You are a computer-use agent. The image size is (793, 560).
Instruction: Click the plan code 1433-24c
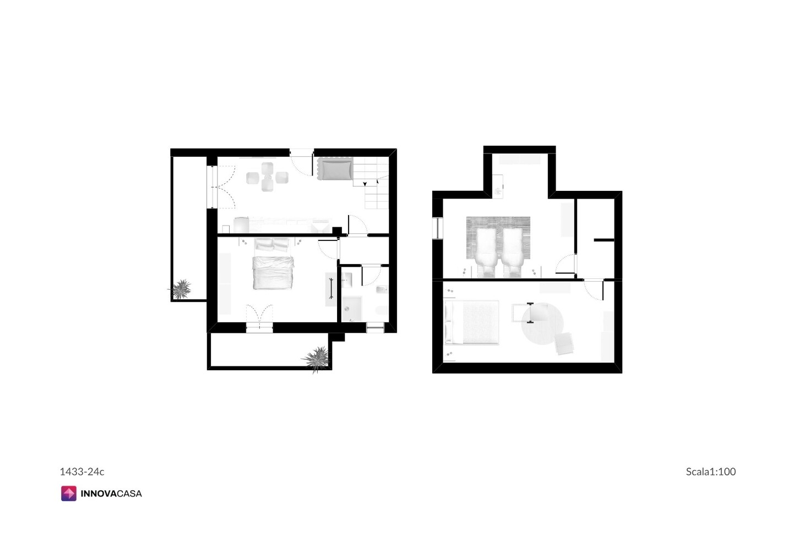82,471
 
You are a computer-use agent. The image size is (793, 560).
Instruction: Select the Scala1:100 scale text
710,471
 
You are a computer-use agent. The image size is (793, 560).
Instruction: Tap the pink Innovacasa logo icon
69,493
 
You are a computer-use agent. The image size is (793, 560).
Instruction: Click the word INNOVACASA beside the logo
111,494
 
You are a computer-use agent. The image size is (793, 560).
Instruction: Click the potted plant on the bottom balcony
316,359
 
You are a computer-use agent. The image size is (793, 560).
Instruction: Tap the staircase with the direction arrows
371,183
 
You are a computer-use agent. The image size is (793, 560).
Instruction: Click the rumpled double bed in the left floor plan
273,273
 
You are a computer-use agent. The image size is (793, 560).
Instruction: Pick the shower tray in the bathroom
351,309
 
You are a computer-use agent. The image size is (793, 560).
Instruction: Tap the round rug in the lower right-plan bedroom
542,323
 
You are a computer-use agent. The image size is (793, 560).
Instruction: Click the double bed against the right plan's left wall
472,322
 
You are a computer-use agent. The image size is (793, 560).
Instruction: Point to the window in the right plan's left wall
438,228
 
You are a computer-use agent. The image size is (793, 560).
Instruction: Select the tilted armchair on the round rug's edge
564,343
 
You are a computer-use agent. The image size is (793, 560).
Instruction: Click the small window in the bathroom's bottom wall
375,328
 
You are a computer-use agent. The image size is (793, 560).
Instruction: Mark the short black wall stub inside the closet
604,240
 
